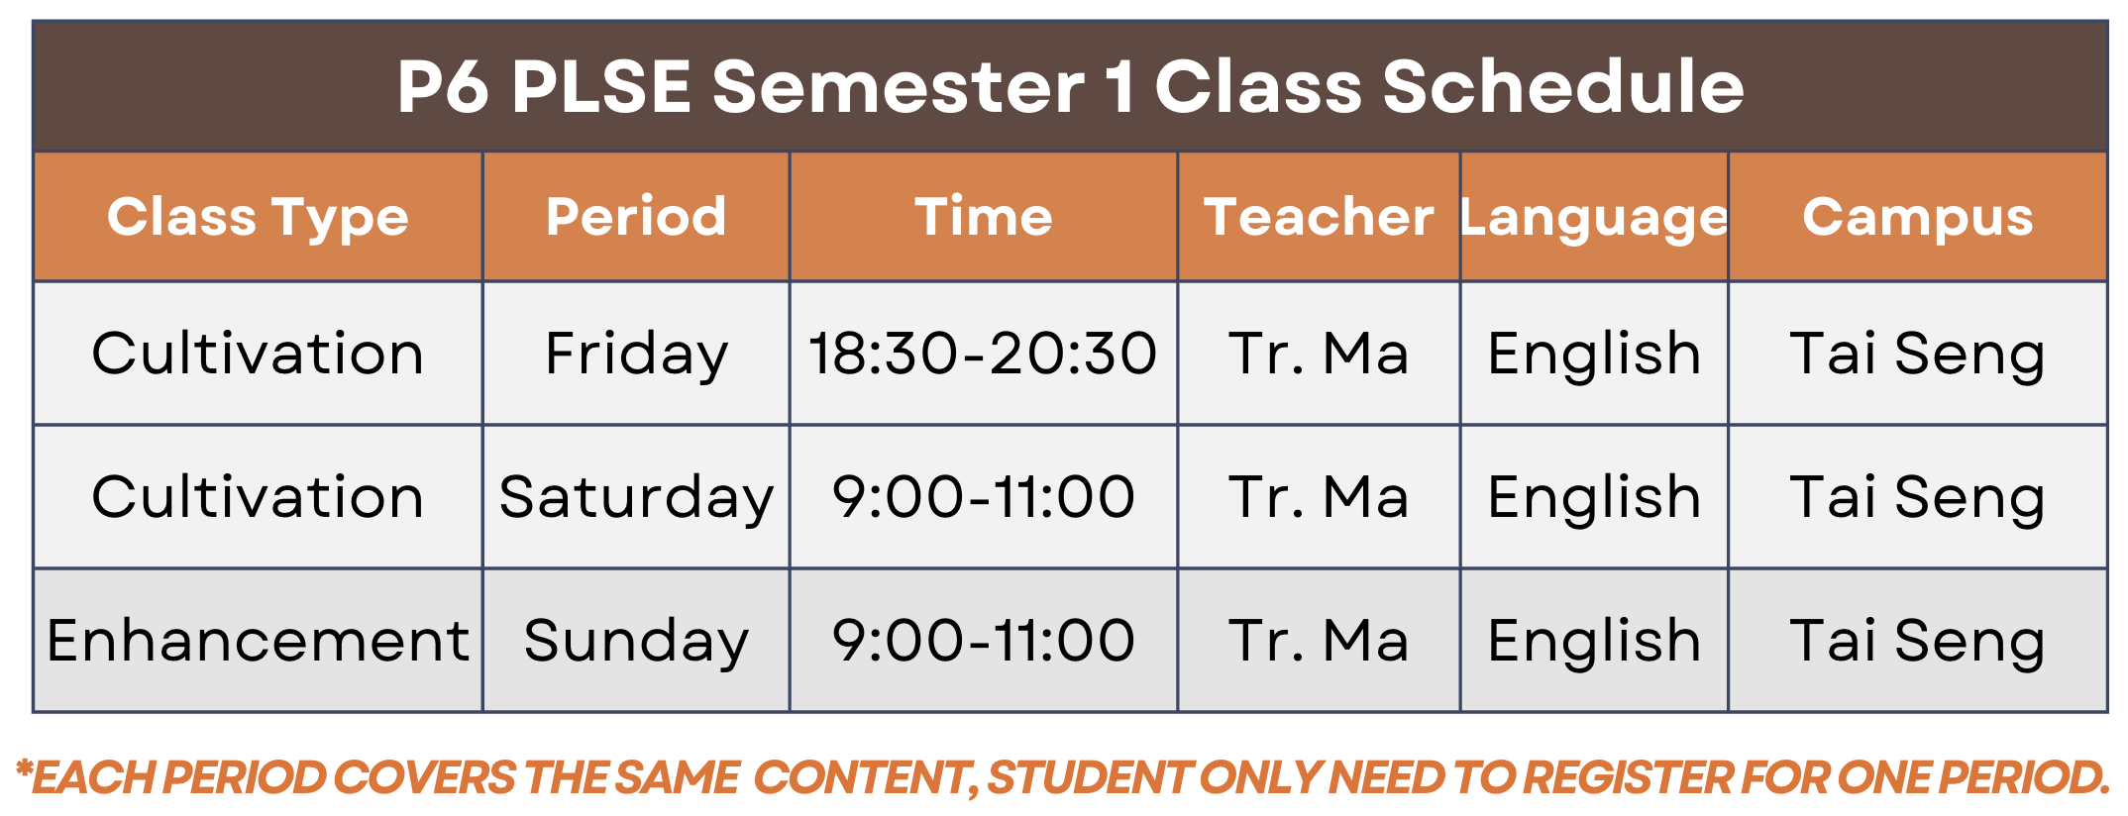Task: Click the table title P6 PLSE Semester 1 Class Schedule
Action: point(1070,86)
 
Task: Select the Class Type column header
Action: point(258,218)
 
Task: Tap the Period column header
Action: point(636,217)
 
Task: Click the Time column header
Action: point(984,217)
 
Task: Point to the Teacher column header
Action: point(1319,217)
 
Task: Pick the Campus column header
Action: point(1918,218)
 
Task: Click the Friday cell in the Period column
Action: point(636,355)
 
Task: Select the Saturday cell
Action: point(636,497)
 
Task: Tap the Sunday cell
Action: point(636,641)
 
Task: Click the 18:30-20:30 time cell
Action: point(983,354)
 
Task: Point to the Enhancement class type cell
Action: point(258,640)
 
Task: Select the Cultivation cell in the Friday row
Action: point(258,354)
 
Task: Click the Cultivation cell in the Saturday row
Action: point(258,496)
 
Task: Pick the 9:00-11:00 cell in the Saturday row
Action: point(983,496)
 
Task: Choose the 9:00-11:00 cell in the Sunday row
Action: point(983,640)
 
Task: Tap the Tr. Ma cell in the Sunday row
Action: point(1319,640)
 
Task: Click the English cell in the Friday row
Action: point(1594,354)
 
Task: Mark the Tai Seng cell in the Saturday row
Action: point(1918,497)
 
